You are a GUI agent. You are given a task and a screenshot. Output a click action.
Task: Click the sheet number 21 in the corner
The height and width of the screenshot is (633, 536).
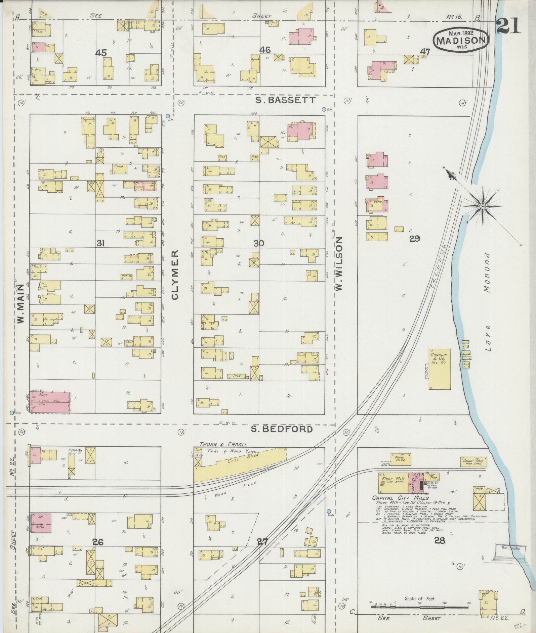(508, 27)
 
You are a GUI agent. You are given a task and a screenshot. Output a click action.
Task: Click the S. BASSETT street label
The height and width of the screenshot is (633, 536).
(285, 100)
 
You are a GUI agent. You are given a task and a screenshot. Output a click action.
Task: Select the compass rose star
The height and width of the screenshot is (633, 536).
(482, 206)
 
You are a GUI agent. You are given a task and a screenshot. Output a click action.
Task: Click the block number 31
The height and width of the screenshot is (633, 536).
(100, 243)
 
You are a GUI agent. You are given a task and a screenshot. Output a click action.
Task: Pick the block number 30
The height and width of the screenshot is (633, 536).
(258, 243)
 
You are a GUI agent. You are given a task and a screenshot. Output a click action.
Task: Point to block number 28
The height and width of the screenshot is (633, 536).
(439, 540)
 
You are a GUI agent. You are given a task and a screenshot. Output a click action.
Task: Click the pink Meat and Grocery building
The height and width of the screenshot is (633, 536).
(50, 401)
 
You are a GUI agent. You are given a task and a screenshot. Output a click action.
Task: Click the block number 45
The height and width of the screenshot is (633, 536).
(101, 53)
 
